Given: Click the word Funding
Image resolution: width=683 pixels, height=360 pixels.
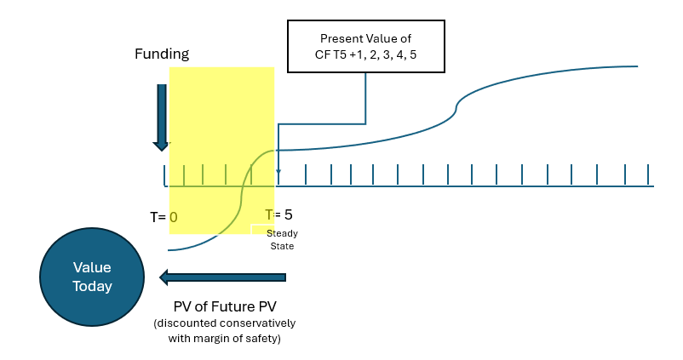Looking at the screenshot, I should [161, 54].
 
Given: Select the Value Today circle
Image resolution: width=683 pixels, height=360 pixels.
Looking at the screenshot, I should [92, 277].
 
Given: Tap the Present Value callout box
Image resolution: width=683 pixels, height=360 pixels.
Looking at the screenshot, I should [366, 47].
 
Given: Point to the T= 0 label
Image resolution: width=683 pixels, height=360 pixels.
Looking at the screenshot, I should [164, 217].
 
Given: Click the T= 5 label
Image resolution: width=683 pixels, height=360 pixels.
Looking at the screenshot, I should [278, 214].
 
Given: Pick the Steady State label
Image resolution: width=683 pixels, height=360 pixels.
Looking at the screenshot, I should [282, 239].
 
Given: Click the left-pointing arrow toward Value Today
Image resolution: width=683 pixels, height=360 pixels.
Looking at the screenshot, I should [223, 277].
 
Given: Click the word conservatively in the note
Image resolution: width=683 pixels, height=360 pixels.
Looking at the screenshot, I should [261, 324].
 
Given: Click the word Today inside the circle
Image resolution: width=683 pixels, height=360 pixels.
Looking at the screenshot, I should [92, 287].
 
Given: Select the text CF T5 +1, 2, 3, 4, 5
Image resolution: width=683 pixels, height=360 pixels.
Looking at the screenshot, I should [366, 55].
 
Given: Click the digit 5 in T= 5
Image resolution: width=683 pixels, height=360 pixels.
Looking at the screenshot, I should [288, 214].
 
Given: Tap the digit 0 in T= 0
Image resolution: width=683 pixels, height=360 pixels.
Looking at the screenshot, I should [173, 217].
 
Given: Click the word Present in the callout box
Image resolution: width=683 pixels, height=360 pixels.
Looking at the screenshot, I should [339, 39].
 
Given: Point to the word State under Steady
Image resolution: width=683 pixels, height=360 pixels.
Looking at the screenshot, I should [281, 246].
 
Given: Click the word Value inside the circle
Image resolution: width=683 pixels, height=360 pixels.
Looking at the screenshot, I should [92, 268].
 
